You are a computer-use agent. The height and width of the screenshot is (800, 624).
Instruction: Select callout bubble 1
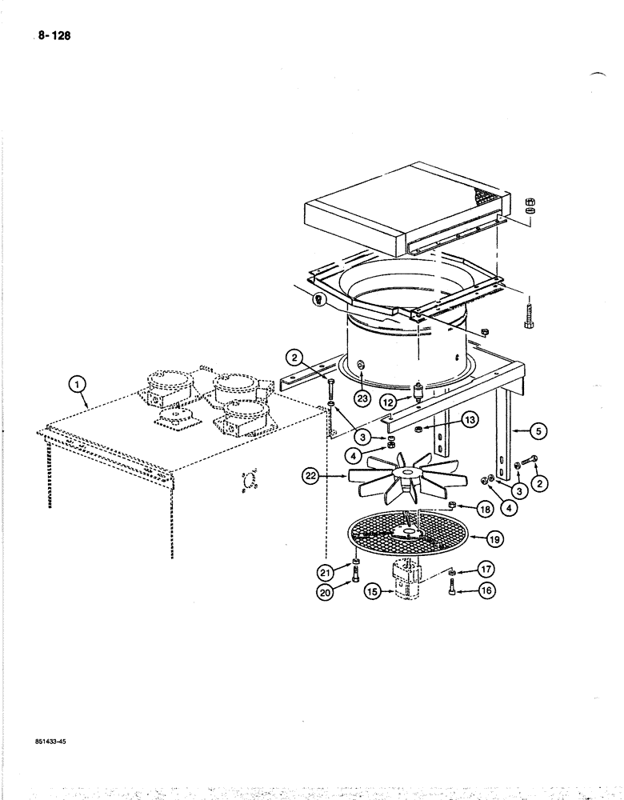pos(78,387)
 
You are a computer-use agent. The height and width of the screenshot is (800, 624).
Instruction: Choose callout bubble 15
pos(370,592)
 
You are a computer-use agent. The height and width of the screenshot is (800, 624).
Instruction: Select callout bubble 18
pos(485,508)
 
